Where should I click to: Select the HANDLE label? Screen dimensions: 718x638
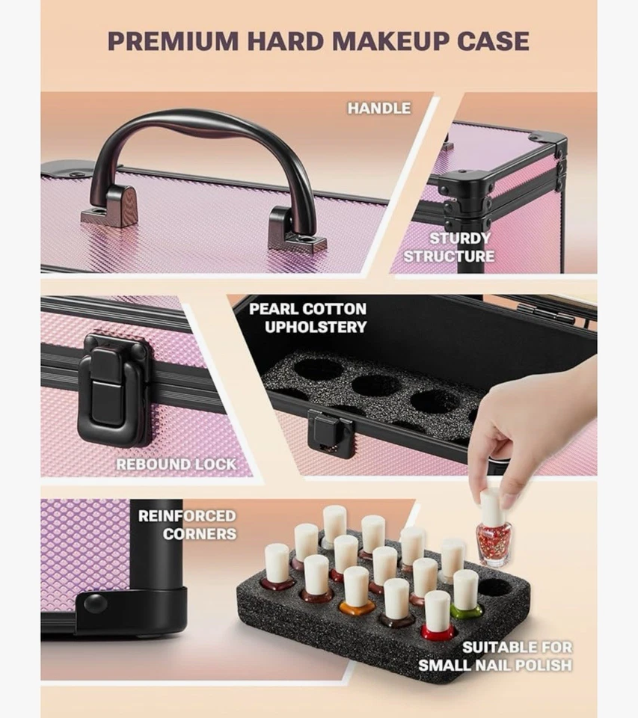[378, 108]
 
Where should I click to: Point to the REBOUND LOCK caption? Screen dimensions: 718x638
[175, 464]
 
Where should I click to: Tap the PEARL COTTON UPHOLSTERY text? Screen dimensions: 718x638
[307, 318]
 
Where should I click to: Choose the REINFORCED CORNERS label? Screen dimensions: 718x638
[186, 524]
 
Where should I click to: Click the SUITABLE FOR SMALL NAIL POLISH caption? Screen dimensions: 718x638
[495, 656]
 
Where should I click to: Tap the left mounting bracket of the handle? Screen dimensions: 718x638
[110, 207]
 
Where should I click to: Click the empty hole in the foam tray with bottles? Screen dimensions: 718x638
[495, 586]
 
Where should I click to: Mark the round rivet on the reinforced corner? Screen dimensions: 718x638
[94, 603]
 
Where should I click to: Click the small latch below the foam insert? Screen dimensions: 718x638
[331, 435]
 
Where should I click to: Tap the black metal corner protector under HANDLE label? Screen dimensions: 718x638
[550, 143]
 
